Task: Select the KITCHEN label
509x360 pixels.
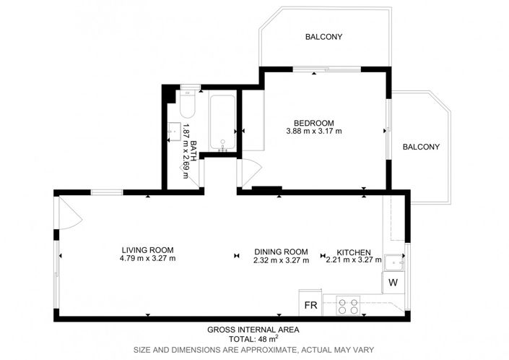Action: click(x=353, y=251)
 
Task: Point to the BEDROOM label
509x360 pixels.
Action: click(x=313, y=122)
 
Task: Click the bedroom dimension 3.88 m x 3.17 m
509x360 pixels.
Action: click(x=313, y=132)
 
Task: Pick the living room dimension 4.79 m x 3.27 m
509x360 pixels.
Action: click(x=147, y=258)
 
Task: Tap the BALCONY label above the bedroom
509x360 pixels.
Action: click(x=323, y=37)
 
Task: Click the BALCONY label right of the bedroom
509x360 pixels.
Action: click(x=420, y=147)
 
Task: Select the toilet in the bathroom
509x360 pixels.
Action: click(x=188, y=106)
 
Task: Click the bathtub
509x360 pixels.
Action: click(x=222, y=123)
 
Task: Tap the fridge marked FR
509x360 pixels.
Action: click(x=310, y=305)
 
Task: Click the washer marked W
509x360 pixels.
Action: click(x=394, y=282)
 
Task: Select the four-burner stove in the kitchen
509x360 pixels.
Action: click(x=348, y=305)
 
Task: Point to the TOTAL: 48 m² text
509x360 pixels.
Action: click(x=253, y=338)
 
